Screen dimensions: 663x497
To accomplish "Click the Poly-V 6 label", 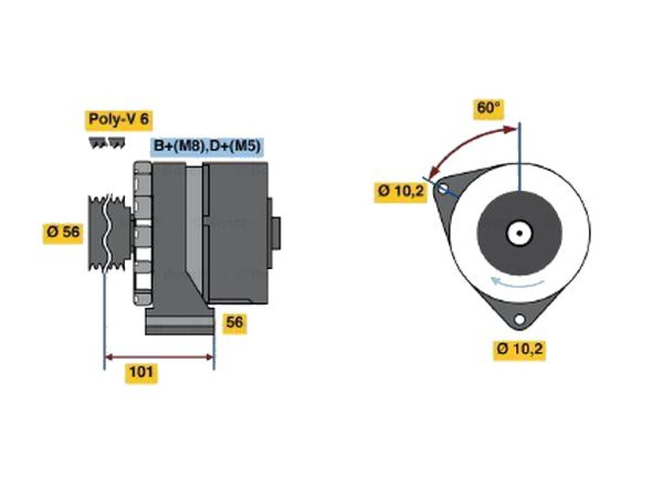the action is pos(119,120).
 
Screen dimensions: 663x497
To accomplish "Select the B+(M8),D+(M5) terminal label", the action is pos(207,146).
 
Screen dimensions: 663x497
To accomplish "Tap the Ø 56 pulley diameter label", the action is pos(63,232).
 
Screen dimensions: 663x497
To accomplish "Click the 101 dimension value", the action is pos(140,372).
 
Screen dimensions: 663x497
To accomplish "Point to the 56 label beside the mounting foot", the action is pos(234,322).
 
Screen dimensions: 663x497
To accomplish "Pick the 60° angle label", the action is pos(488,107).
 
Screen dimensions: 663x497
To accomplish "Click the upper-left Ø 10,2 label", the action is pos(400,192).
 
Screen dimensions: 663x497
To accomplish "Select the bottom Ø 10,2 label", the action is pos(519,349).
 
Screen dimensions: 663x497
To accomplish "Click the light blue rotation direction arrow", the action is pos(517,285).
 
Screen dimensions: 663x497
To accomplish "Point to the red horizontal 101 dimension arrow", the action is pos(159,357).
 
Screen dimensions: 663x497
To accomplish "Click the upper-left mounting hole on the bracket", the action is pos(443,188).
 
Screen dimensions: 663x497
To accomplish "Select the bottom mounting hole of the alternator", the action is pos(519,320).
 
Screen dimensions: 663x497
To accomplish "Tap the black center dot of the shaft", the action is pos(520,233).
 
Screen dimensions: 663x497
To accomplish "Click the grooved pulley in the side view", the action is pos(106,232).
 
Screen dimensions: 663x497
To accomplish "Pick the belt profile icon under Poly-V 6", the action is pos(107,142).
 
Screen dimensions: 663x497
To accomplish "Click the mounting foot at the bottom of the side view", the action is pos(180,321).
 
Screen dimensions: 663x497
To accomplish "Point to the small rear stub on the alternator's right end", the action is pos(276,233).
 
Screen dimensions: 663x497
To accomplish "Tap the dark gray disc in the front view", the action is pos(520,233).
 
